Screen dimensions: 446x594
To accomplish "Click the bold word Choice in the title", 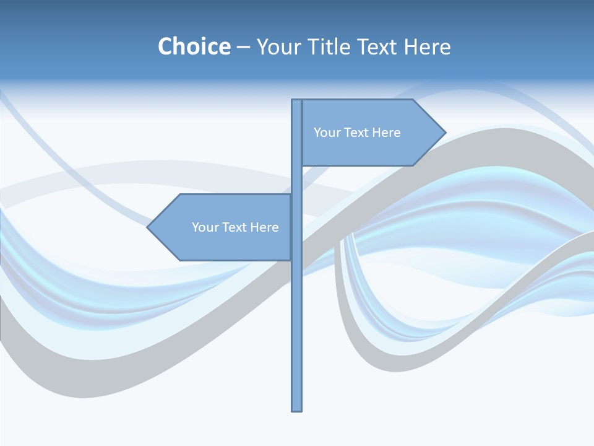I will click(194, 46).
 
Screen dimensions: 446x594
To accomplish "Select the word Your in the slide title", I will click(278, 46).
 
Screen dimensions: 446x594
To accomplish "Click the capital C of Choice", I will click(165, 46).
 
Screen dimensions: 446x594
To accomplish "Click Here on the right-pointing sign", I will click(386, 133).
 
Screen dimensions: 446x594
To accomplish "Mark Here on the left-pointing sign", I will click(264, 227).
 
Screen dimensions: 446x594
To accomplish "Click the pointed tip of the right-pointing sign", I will click(444, 132).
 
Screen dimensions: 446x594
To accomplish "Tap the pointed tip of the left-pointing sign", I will click(148, 227).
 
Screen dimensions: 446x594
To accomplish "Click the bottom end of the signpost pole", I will click(296, 409).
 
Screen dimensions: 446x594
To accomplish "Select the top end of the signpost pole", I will click(296, 101).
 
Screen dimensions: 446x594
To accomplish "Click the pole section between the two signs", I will click(296, 180).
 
